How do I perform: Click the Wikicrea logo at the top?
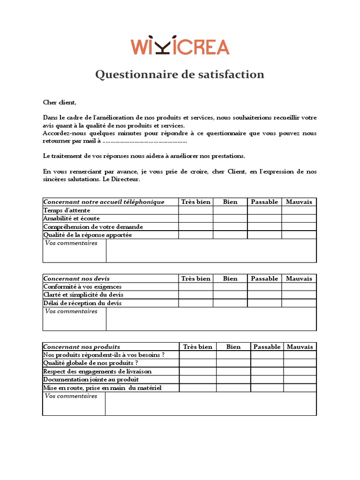coord(180,45)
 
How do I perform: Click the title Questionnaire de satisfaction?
coord(180,75)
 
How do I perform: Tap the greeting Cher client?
coord(60,103)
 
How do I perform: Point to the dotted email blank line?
coord(145,142)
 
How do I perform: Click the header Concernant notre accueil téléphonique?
coord(104,202)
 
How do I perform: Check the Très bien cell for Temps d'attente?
coord(196,210)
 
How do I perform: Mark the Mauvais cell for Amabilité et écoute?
coord(299,218)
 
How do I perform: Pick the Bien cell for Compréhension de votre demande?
coord(230,227)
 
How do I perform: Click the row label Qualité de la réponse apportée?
coord(88,235)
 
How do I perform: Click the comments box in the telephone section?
coord(211,251)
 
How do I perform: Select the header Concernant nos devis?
coord(77,278)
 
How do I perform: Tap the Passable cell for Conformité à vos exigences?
coord(264,287)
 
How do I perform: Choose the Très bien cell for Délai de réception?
coord(196,303)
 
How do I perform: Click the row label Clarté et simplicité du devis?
coord(83,295)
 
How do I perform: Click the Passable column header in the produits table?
coord(267,347)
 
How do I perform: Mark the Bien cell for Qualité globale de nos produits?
coord(233,363)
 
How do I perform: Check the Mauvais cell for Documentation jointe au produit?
coord(300,379)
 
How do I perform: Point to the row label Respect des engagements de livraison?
coord(97,371)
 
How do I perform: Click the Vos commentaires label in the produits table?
coord(71,396)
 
